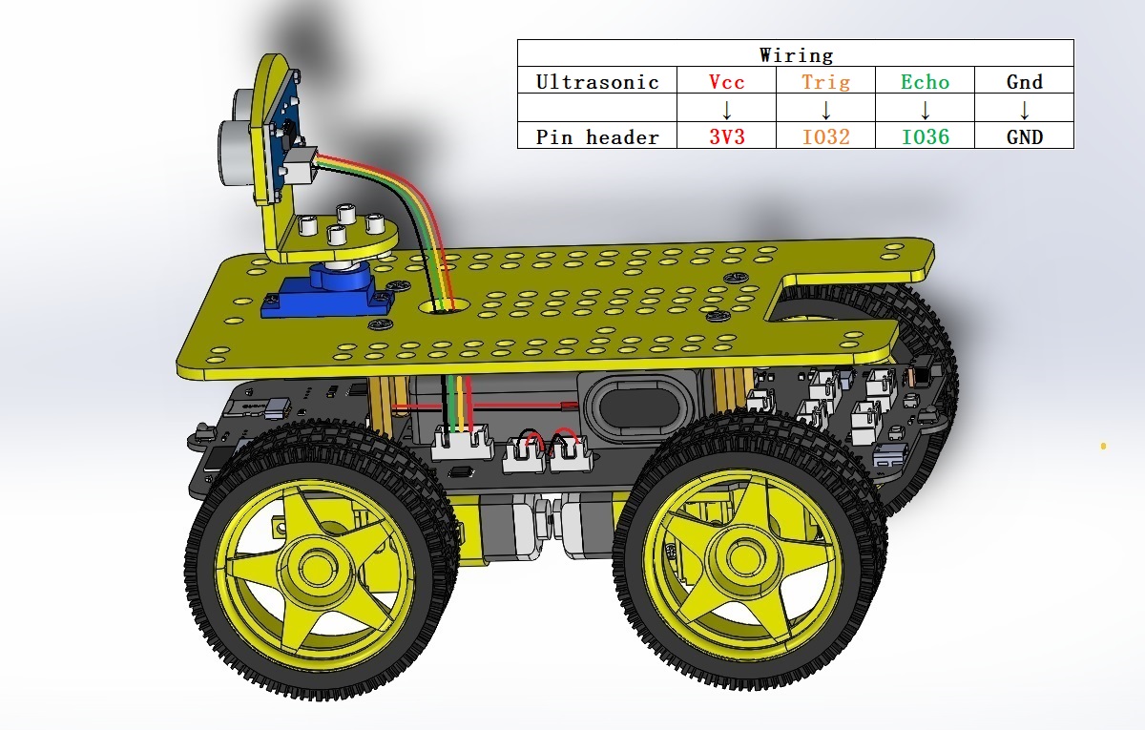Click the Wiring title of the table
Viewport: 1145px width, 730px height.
796,54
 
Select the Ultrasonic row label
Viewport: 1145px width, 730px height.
597,82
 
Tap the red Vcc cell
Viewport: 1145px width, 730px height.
726,82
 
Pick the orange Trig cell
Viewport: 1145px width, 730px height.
825,82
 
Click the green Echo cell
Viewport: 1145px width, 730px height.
925,82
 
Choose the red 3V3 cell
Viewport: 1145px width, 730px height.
726,136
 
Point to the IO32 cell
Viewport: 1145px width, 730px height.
825,136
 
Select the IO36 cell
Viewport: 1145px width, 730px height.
925,136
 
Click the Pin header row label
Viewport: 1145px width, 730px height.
597,136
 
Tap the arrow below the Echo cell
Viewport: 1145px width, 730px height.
925,110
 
